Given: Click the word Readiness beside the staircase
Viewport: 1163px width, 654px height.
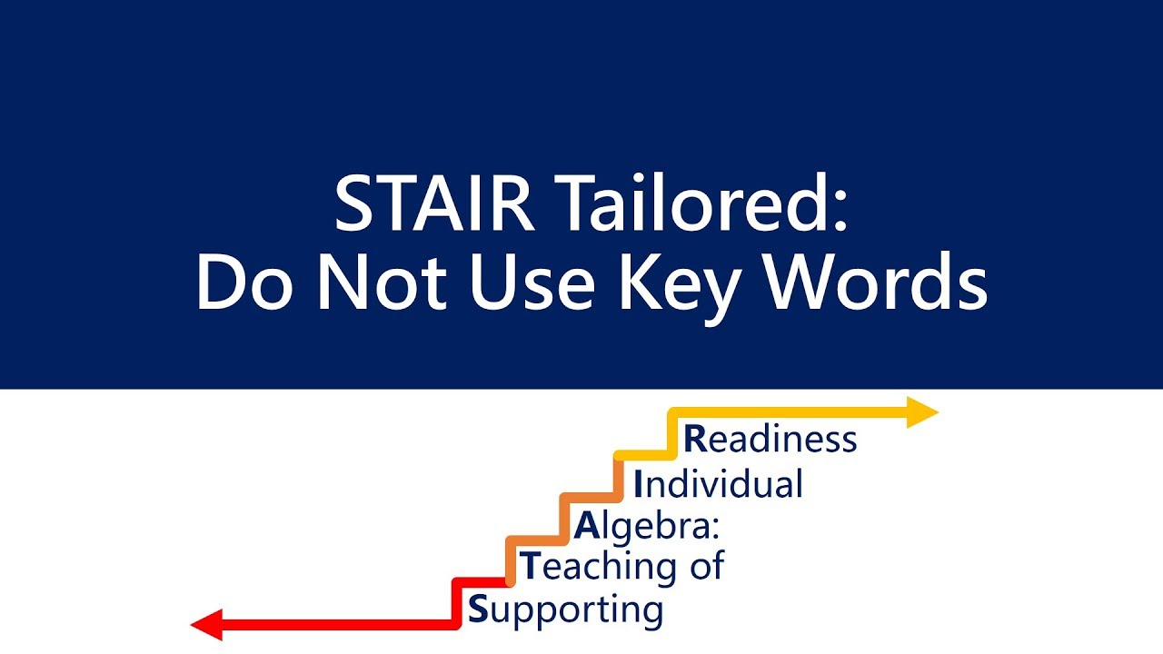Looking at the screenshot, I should coord(770,439).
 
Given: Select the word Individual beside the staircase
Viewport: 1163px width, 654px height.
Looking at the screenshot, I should coord(718,483).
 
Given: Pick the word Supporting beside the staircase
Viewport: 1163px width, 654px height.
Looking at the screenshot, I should coord(564,609).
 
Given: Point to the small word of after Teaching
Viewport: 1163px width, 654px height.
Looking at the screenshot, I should coord(705,566).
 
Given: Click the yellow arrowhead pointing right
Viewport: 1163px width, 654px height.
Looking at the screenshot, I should coord(921,412).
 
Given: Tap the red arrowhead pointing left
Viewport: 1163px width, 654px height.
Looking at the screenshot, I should coord(208,625).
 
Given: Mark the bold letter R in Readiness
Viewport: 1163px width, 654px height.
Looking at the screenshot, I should coord(694,439).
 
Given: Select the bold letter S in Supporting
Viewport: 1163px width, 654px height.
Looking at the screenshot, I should coord(478,609).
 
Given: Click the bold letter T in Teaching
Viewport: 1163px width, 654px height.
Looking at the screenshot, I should coord(529,566).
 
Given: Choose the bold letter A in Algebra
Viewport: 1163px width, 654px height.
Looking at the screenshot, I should coord(586,525).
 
